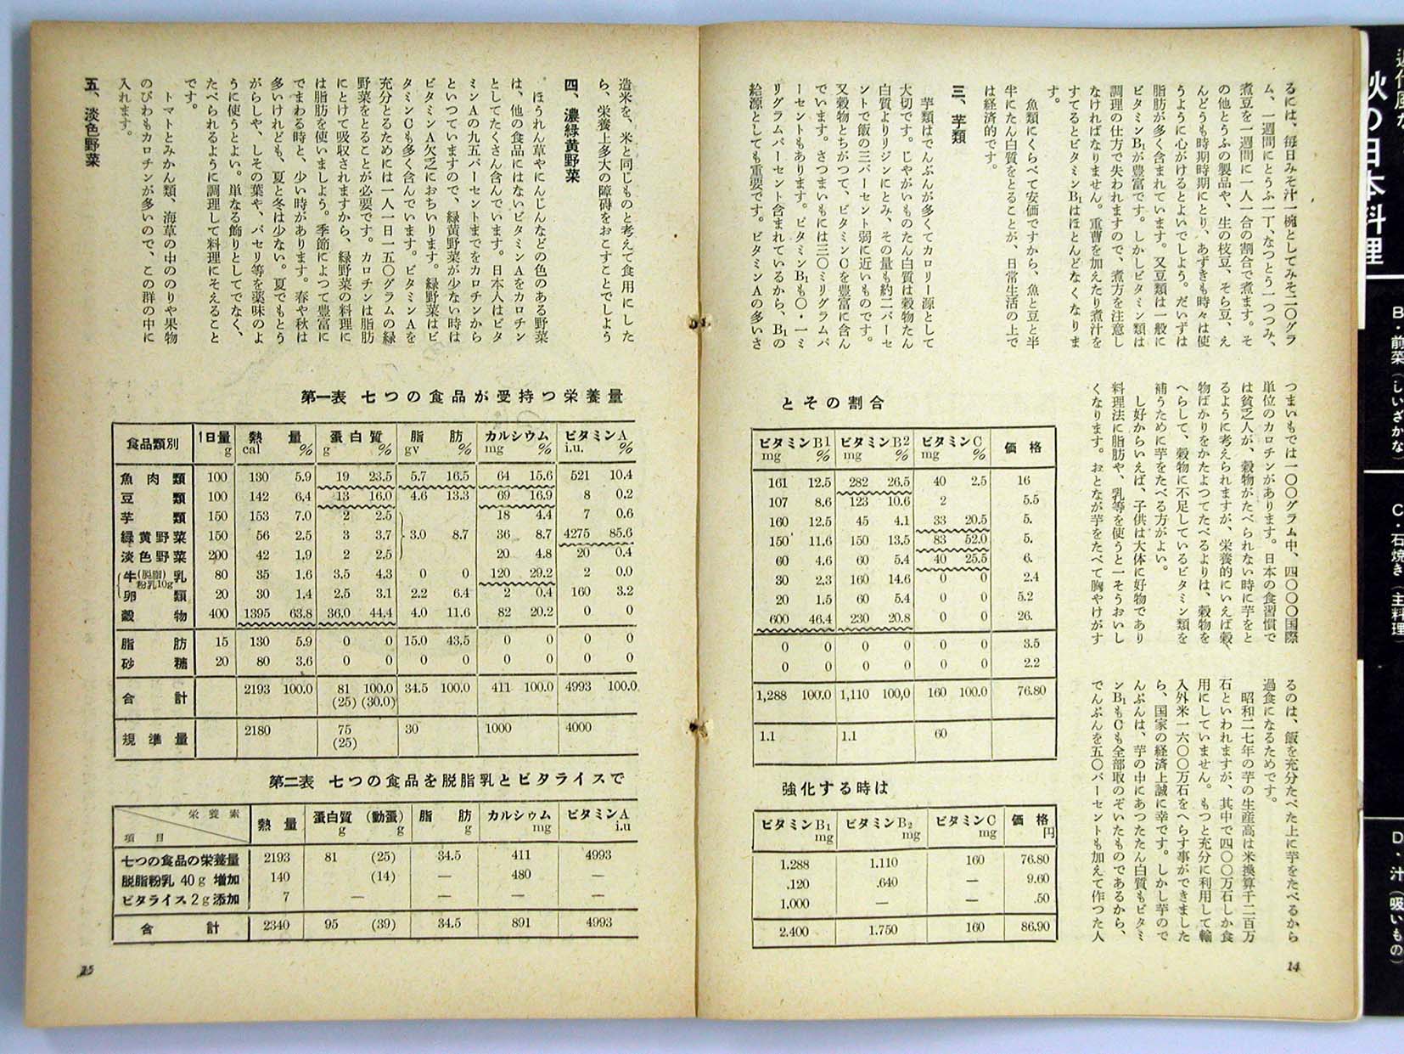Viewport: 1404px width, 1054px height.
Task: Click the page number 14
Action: pyautogui.click(x=1294, y=966)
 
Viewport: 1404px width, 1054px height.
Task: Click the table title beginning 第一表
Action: pyautogui.click(x=462, y=397)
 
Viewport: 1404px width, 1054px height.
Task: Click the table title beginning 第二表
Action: pyautogui.click(x=446, y=780)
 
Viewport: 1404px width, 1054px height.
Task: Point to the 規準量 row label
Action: pyautogui.click(x=155, y=740)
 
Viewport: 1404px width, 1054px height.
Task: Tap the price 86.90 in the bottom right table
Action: pyautogui.click(x=1035, y=927)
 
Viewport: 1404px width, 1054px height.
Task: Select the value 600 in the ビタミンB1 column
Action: pyautogui.click(x=778, y=620)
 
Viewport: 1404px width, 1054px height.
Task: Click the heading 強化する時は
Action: pyautogui.click(x=834, y=788)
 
